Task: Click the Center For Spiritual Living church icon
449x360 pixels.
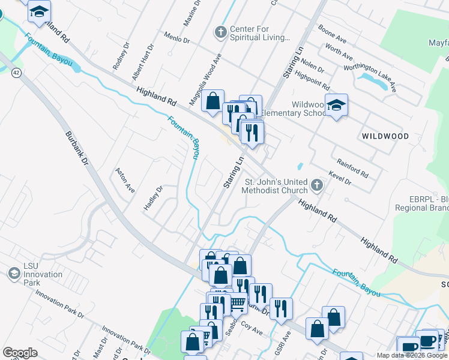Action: [221, 32]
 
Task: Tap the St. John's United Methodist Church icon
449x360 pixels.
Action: [317, 185]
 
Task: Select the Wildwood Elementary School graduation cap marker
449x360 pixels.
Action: [337, 105]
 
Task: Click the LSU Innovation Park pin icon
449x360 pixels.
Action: [13, 274]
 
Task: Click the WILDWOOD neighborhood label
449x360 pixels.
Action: [385, 136]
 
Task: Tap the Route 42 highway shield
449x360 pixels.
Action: [17, 72]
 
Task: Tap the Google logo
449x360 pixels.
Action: [20, 353]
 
